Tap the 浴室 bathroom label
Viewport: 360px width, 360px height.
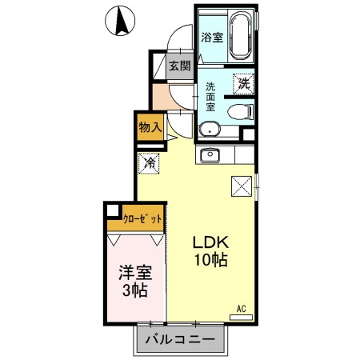[211, 37]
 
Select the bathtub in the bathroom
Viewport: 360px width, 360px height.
[242, 36]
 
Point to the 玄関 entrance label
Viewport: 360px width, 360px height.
[178, 67]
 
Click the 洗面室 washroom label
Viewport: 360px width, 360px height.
[211, 97]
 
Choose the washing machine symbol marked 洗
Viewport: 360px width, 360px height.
[242, 82]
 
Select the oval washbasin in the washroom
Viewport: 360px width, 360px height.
[210, 128]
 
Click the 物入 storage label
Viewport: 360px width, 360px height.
[150, 126]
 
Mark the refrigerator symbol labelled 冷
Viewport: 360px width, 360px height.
[150, 162]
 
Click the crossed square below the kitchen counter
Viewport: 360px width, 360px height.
[242, 186]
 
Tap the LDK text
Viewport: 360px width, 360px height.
[210, 242]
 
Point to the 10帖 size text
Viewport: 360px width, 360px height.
[210, 260]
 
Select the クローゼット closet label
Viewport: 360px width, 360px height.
[143, 218]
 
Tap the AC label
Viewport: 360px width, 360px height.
[241, 307]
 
